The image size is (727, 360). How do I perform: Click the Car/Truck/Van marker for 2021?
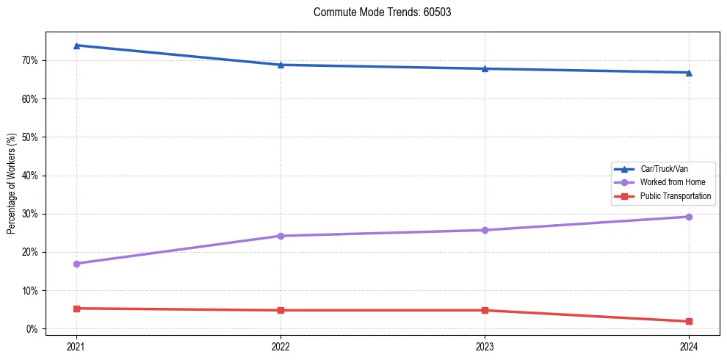(x=76, y=46)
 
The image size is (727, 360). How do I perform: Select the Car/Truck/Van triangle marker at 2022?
(x=281, y=65)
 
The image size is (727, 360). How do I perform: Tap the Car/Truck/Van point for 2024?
(x=689, y=73)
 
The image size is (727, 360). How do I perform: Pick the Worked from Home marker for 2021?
(x=76, y=264)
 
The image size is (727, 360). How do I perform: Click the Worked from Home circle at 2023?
(x=485, y=230)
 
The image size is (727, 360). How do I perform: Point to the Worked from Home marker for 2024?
(x=689, y=217)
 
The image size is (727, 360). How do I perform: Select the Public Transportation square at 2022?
(x=281, y=310)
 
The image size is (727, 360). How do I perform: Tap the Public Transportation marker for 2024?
(x=689, y=322)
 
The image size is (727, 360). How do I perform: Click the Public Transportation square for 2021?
(x=76, y=309)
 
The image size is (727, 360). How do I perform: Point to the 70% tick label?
(x=32, y=60)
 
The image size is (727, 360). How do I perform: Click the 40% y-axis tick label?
(x=32, y=176)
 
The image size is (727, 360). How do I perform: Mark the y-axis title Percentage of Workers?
(x=12, y=184)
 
